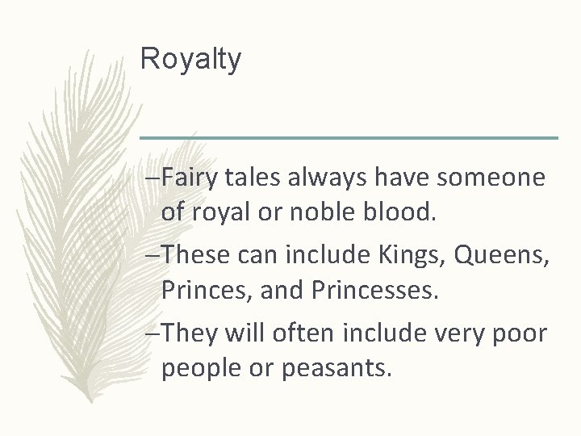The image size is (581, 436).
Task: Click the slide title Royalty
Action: (x=190, y=59)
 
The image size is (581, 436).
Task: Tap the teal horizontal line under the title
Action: (x=349, y=138)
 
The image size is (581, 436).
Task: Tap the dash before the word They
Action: (x=145, y=333)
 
